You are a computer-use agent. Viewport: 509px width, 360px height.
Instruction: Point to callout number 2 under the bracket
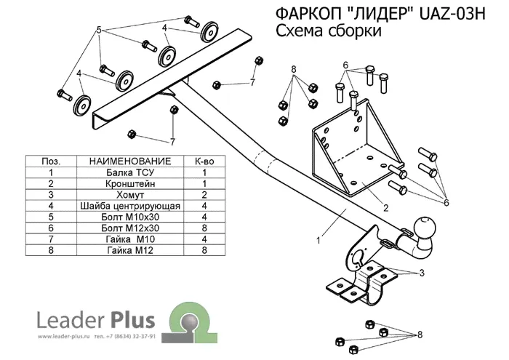click(385, 207)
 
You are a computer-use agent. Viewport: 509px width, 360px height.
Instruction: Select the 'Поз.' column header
click(51, 161)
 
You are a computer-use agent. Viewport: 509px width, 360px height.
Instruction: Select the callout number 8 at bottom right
click(420, 335)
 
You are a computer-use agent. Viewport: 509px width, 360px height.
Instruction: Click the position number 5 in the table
click(51, 217)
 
